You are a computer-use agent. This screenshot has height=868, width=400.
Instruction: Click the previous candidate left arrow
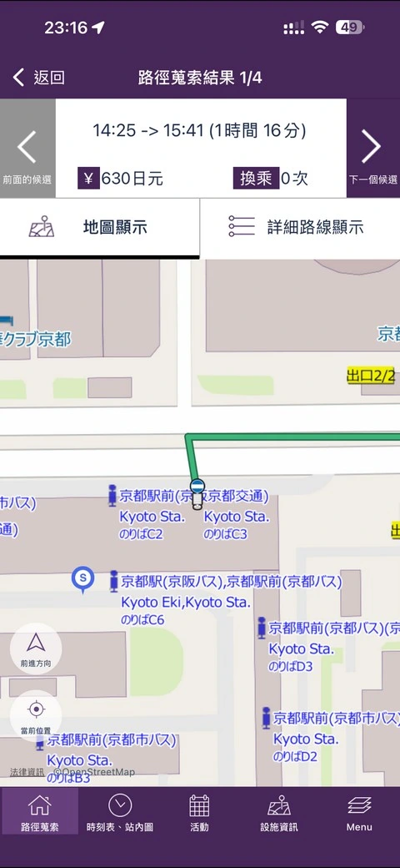coord(27,148)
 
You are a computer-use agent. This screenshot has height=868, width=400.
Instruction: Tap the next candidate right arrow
coord(372,148)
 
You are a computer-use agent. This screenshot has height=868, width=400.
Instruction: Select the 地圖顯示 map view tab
coord(99,227)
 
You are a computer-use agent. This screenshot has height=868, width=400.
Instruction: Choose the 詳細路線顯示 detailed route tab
coord(300,227)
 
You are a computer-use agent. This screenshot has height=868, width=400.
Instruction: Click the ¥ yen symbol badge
coord(89,178)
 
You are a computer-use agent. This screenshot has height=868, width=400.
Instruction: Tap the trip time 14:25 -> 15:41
coord(199,130)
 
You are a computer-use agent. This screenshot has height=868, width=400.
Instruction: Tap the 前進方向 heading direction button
coord(36,648)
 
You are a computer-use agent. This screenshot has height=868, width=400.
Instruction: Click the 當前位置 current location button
coord(36,714)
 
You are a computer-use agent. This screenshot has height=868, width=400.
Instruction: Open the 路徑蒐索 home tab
coord(39,813)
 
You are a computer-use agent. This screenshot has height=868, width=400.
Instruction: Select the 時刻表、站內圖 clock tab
coord(119,813)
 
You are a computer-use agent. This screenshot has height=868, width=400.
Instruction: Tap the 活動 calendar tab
coord(199,813)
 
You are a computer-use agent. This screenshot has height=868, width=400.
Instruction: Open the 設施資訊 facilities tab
coord(278,813)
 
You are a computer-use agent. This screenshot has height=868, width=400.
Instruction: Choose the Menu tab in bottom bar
coord(359,813)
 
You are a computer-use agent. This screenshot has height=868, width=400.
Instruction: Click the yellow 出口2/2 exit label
coord(371,376)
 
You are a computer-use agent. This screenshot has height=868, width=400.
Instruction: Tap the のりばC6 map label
coord(142,619)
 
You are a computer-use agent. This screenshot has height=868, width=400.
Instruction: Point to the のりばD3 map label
coord(290,666)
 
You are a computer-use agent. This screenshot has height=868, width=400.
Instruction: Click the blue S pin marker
coord(82,578)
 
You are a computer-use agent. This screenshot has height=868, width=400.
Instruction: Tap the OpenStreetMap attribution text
coord(94,772)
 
